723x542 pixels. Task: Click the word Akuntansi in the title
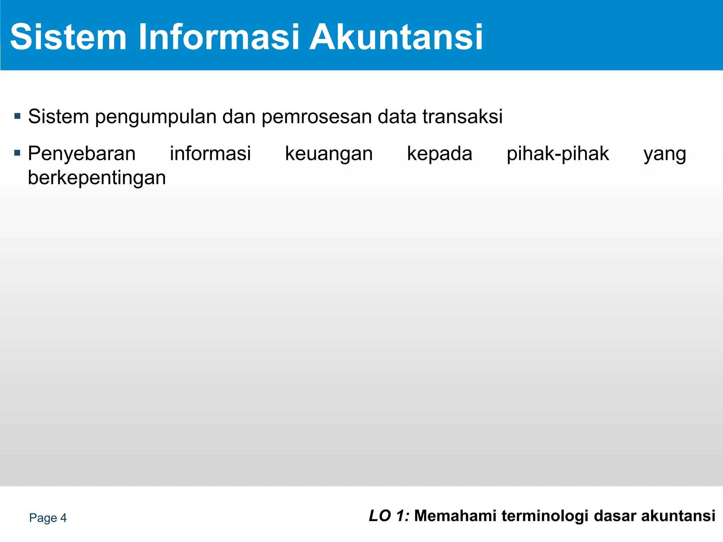396,37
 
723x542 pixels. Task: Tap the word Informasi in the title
219,37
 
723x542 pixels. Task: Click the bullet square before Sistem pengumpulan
17,116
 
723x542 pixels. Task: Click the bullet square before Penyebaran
17,153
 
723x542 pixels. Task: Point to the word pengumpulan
155,117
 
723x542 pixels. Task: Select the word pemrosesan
316,117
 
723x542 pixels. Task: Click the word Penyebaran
82,154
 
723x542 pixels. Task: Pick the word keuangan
329,154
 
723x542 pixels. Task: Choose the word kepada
440,154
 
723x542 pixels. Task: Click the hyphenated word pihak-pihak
558,154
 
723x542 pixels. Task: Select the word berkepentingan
97,178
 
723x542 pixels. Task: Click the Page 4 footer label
48,518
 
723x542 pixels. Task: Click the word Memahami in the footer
455,516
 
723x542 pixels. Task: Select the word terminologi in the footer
545,516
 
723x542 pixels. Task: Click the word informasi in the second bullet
210,153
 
